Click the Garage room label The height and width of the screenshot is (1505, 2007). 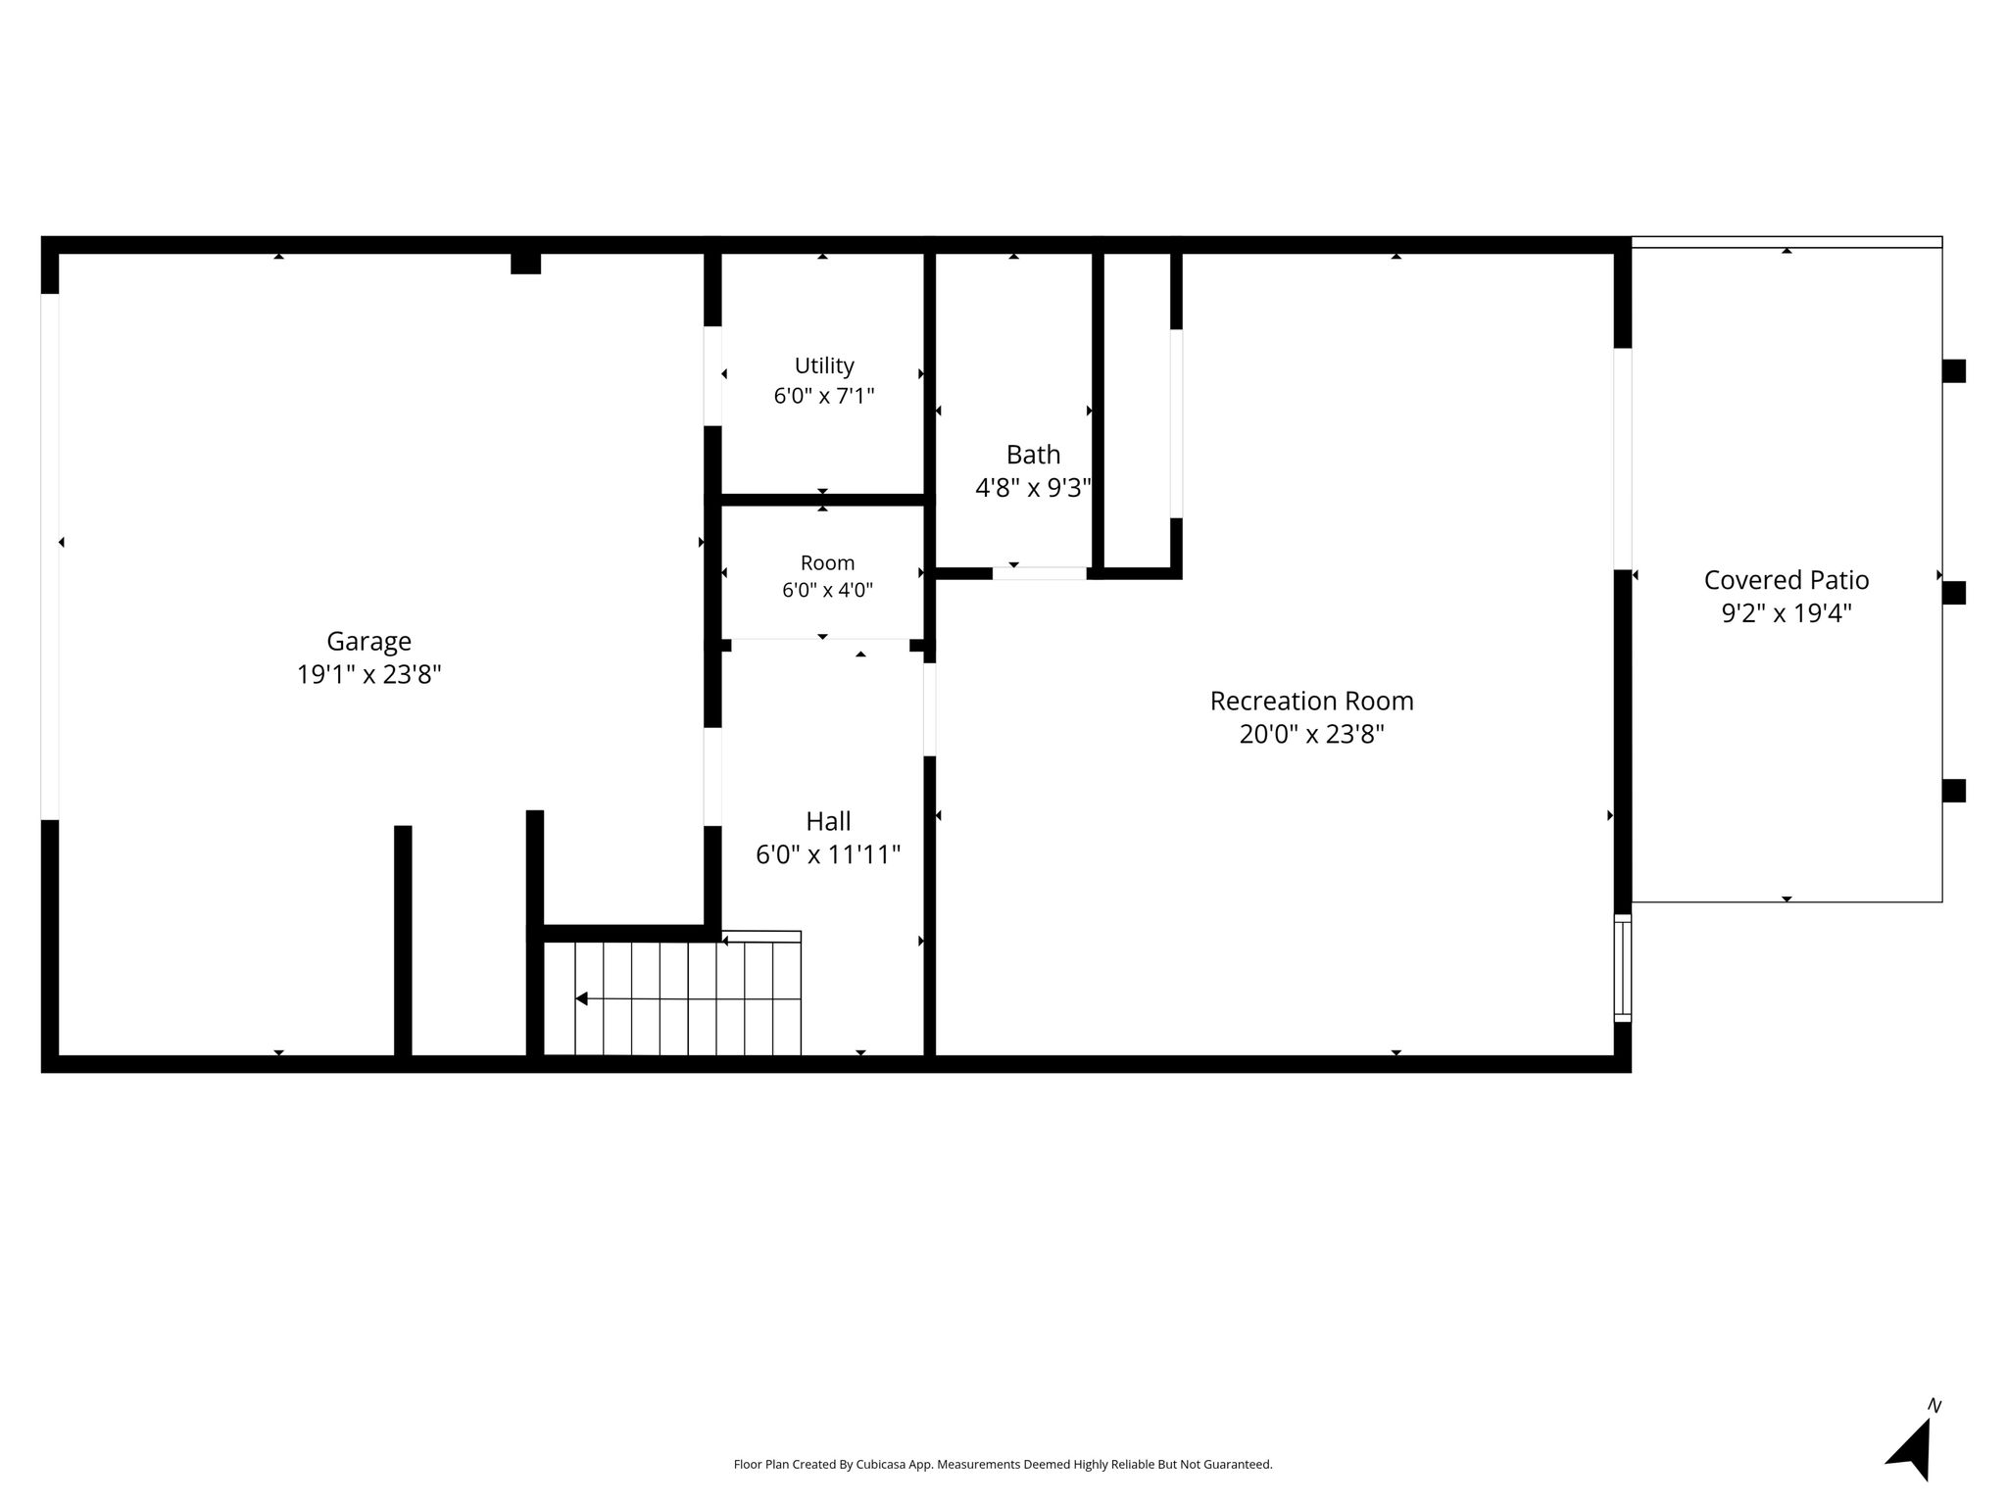point(368,641)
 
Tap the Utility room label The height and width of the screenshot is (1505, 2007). point(824,365)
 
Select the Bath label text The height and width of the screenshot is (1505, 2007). point(1033,455)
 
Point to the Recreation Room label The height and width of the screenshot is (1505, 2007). point(1311,701)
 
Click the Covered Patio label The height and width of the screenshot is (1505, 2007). point(1787,580)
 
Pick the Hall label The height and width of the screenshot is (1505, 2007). point(828,821)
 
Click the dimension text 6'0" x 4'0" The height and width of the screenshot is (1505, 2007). point(827,590)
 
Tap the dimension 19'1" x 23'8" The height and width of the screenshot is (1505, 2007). point(369,674)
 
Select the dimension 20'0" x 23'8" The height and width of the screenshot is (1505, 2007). point(1311,734)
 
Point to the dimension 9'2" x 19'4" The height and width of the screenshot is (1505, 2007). point(1787,613)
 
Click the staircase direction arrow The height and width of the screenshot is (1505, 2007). point(688,998)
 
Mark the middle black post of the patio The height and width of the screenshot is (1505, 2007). point(1954,593)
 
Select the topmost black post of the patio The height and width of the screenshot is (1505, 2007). point(1954,371)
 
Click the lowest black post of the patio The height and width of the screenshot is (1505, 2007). point(1954,791)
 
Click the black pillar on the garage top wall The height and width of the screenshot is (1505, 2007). point(525,264)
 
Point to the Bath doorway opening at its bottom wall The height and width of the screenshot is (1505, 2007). point(1039,573)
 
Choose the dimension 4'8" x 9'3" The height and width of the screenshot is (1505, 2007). point(1033,488)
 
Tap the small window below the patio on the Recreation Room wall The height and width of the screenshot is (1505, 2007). point(1623,968)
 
